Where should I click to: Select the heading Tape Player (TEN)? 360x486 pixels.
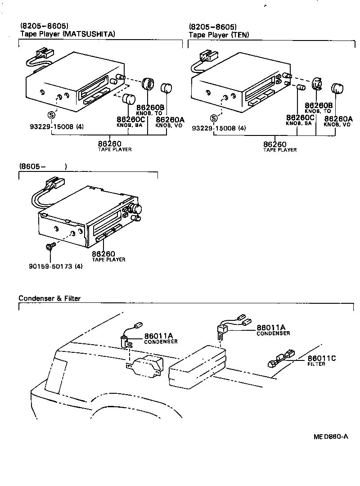[x=219, y=34]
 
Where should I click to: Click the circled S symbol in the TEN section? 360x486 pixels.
[x=214, y=118]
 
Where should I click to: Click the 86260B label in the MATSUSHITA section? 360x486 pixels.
[x=151, y=108]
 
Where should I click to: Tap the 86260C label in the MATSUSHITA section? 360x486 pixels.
[x=130, y=119]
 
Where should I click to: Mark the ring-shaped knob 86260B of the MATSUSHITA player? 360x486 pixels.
[x=148, y=84]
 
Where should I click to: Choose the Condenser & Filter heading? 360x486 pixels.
[x=49, y=298]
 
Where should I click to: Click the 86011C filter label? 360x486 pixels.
[x=322, y=358]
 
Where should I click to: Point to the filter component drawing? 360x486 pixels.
[x=281, y=359]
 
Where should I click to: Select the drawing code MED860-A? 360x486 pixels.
[x=331, y=436]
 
